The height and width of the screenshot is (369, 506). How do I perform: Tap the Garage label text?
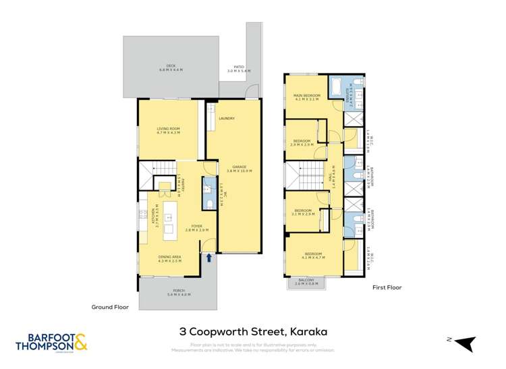tap(239, 168)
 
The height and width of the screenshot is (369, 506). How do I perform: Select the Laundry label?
tap(226, 119)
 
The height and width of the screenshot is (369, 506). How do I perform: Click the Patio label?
tap(238, 69)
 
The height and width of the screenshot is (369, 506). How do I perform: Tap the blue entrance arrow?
tap(209, 257)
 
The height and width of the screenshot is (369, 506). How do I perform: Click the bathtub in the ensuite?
tap(336, 86)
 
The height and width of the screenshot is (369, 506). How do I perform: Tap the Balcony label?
tap(306, 281)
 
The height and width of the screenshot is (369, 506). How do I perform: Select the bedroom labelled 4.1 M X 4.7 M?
tap(314, 256)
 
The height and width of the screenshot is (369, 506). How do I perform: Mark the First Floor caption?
tap(387, 287)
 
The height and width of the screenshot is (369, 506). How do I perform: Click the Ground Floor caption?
tap(110, 307)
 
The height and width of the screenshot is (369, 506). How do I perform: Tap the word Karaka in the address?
tap(308, 331)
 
